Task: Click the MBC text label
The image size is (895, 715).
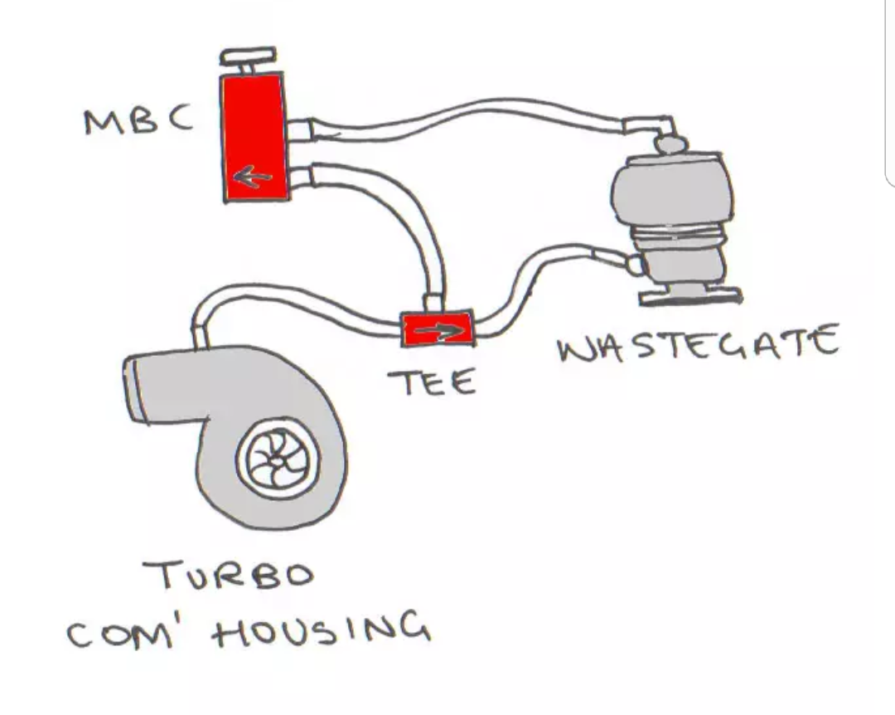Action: click(138, 120)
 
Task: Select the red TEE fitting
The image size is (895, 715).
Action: click(437, 329)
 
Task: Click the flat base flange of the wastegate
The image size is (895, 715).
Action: click(690, 294)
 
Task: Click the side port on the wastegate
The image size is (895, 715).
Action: click(636, 265)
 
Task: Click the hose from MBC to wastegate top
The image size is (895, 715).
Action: click(464, 119)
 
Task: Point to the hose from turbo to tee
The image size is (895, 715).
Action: click(290, 298)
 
